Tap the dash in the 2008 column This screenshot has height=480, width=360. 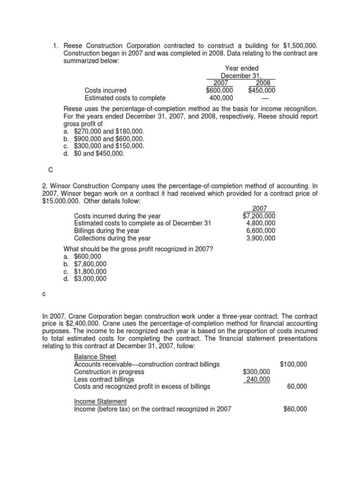point(265,98)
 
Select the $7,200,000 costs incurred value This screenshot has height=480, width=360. point(259,216)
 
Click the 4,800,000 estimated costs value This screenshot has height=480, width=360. point(261,223)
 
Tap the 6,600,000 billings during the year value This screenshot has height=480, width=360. point(261,231)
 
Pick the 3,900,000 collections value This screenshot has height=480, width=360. point(261,238)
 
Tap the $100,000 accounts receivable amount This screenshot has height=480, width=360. point(293,364)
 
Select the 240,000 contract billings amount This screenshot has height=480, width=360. point(256,379)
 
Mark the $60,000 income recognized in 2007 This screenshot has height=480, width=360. point(295,409)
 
